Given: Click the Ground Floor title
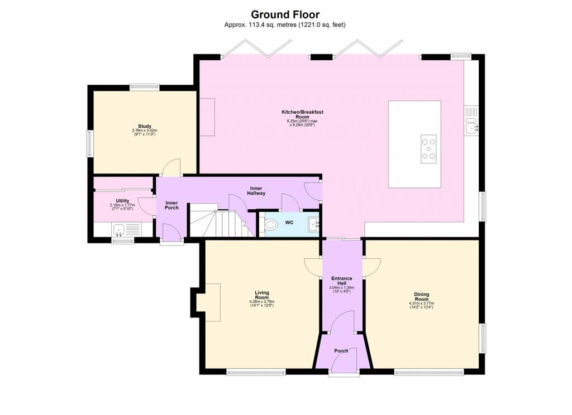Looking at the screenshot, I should pos(285,15).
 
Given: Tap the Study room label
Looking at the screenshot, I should pos(145,126).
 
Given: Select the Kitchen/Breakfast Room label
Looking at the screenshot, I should pos(302,114).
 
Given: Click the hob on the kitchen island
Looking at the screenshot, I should pos(428,149).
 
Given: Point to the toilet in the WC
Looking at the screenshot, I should pos(271,225).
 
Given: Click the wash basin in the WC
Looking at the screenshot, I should pos(313,225).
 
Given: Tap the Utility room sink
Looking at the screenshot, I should pos(118,229).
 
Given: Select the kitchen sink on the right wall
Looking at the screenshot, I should pos(473,127).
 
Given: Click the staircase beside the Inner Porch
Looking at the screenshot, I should pos(218,221).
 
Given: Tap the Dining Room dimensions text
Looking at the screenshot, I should pos(421,306).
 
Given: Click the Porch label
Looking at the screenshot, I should pos(341,351).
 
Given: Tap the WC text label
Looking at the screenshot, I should pos(289,223).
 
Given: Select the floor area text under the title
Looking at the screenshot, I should pos(285,25).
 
